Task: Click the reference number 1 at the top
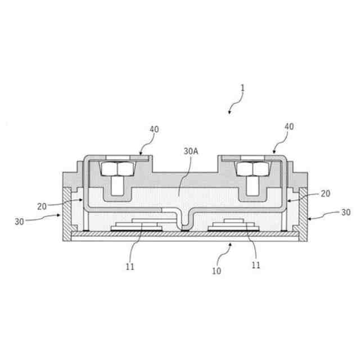pyautogui.click(x=242, y=88)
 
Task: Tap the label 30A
pyautogui.click(x=191, y=151)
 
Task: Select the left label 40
pyautogui.click(x=154, y=129)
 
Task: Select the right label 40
pyautogui.click(x=289, y=127)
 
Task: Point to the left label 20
pyautogui.click(x=42, y=206)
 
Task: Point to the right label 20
pyautogui.click(x=325, y=193)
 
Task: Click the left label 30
pyautogui.click(x=19, y=222)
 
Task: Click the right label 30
pyautogui.click(x=346, y=213)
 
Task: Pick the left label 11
pyautogui.click(x=130, y=267)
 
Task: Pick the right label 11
pyautogui.click(x=256, y=265)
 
